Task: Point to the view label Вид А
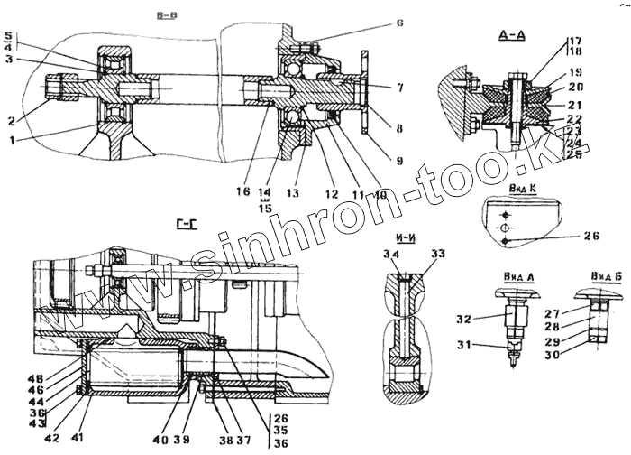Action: (x=510, y=275)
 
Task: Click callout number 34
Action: (x=392, y=256)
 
